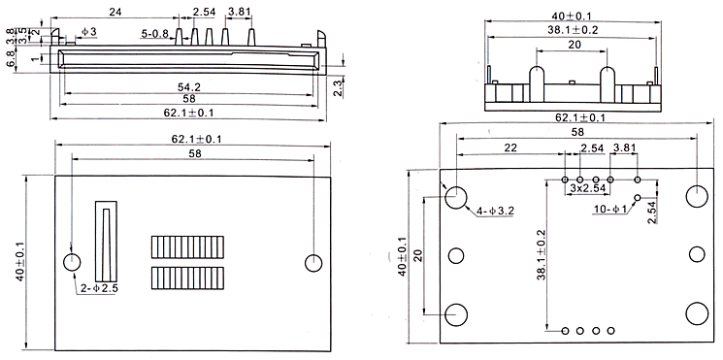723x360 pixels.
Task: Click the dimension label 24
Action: click(x=115, y=13)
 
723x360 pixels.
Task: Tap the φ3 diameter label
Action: click(x=89, y=32)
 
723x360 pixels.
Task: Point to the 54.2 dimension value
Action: click(x=189, y=87)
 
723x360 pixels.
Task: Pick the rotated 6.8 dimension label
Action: click(x=11, y=59)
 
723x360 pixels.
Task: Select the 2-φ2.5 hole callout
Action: click(x=99, y=289)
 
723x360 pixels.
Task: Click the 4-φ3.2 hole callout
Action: click(x=495, y=212)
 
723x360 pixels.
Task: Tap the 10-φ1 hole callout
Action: click(x=610, y=210)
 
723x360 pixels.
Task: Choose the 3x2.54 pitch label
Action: click(x=587, y=188)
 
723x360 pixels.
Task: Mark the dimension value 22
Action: click(x=510, y=147)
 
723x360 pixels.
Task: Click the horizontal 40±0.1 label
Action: click(x=572, y=16)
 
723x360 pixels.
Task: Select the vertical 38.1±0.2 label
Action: click(x=542, y=255)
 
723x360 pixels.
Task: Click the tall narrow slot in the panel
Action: click(x=106, y=241)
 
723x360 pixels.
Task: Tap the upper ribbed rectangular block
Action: click(x=187, y=247)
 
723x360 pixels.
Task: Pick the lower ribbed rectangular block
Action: click(x=187, y=278)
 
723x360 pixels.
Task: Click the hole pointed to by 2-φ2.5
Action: click(x=72, y=262)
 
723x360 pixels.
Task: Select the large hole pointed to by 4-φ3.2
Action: click(x=456, y=197)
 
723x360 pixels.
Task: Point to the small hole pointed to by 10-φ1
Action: click(x=638, y=198)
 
